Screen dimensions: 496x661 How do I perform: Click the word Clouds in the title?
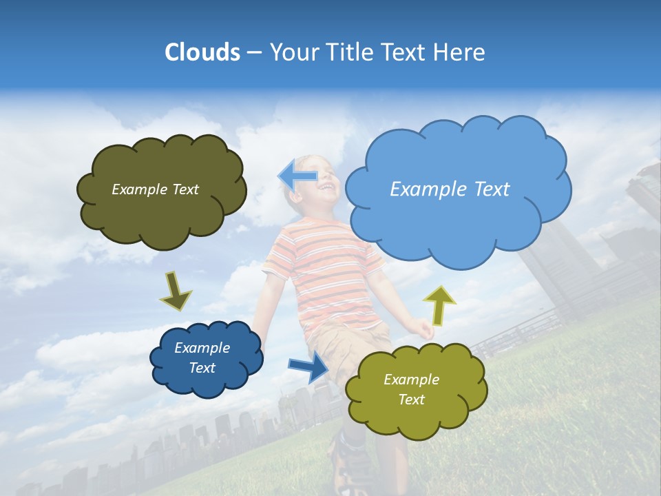202,52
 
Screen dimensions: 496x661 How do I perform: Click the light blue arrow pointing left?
298,176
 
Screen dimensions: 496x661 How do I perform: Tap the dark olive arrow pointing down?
176,291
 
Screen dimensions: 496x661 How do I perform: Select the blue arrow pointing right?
309,366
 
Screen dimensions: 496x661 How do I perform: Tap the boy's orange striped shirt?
324,269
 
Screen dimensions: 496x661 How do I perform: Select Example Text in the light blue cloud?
450,189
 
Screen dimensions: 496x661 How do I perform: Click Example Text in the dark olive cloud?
155,189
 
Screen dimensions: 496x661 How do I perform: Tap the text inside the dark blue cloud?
202,358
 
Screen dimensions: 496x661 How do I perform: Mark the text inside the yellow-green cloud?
411,389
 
